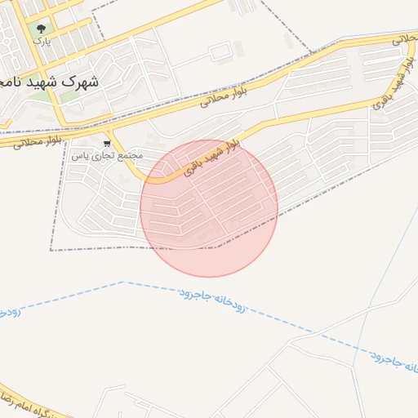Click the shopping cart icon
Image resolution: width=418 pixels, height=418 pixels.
(x=107, y=143)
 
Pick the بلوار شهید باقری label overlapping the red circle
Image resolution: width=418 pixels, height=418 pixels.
(x=210, y=158)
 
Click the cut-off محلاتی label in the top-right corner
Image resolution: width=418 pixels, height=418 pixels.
(x=403, y=38)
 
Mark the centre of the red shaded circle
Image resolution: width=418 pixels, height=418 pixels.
(x=209, y=209)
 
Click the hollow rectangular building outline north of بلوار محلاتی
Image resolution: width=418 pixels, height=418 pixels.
(x=220, y=52)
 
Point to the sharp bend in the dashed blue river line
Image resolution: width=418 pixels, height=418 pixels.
(x=122, y=282)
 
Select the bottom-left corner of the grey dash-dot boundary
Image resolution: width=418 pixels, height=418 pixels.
(x=51, y=250)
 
